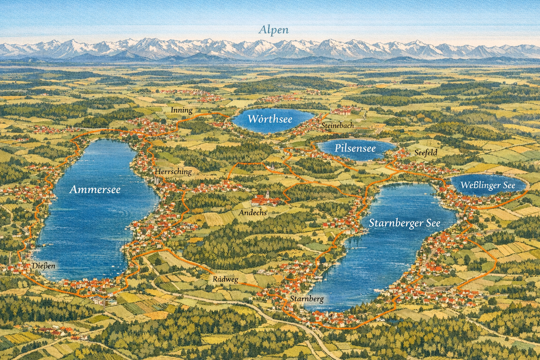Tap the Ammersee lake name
[95, 190]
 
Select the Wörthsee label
[270, 119]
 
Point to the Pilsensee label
[355, 148]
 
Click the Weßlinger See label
[488, 185]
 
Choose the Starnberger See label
[404, 223]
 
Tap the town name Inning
[182, 110]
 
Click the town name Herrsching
[173, 172]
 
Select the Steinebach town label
[337, 126]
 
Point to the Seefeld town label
[426, 153]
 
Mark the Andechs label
[253, 213]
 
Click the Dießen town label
[43, 266]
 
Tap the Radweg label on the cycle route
[225, 279]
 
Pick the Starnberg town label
[307, 299]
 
